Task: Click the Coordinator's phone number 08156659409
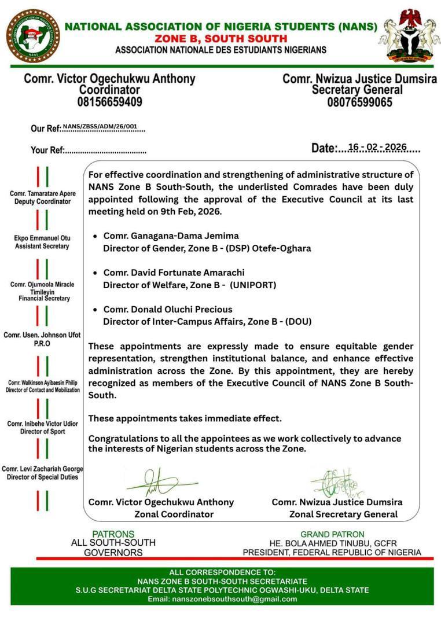tap(110, 102)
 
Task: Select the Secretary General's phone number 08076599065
tap(359, 102)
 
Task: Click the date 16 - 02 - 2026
tap(377, 148)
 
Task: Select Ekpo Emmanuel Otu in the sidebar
tap(42, 237)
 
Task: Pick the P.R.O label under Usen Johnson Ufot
tap(42, 344)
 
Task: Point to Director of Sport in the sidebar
tap(42, 432)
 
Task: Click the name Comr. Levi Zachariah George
tap(43, 469)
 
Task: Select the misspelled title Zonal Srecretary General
tap(343, 514)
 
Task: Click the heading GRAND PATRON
tap(332, 534)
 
